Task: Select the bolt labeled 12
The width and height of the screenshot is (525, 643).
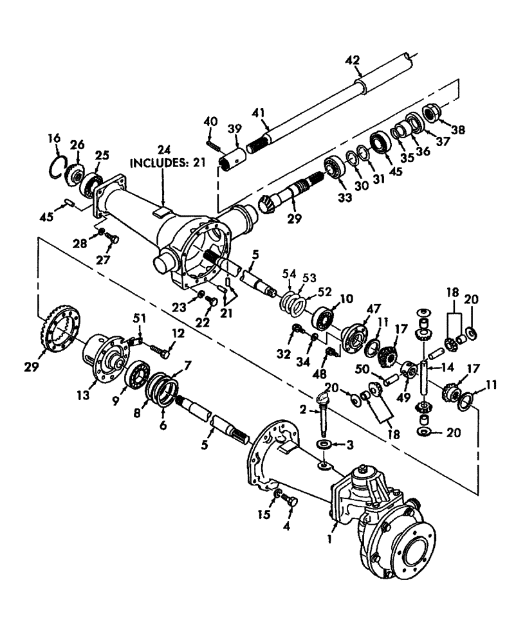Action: pos(161,350)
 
